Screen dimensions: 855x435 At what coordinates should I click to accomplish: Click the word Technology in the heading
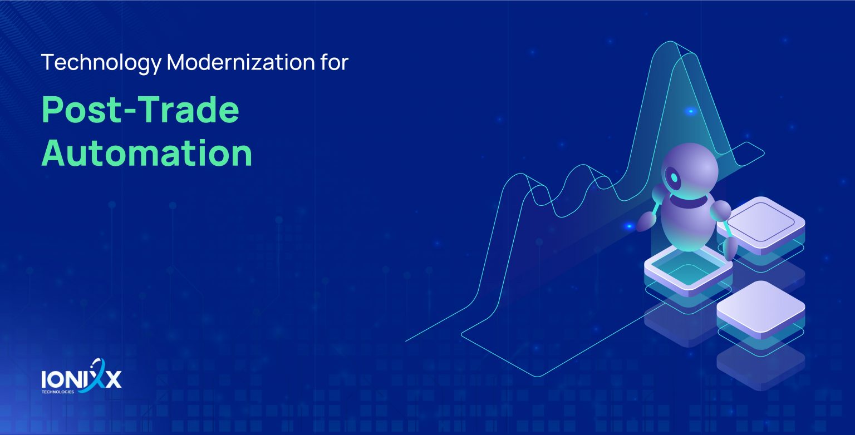click(101, 63)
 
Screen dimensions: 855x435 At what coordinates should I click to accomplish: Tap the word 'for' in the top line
click(335, 62)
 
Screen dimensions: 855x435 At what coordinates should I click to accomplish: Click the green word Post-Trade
click(140, 110)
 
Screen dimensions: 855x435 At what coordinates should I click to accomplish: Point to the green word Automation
click(147, 153)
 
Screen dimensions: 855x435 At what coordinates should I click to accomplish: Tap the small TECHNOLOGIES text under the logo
click(58, 392)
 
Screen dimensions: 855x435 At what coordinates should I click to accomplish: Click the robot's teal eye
click(675, 177)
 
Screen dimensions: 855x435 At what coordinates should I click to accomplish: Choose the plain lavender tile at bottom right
click(761, 310)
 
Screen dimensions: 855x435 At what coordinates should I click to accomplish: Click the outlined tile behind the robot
click(761, 226)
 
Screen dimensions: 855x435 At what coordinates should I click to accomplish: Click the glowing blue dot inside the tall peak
click(690, 111)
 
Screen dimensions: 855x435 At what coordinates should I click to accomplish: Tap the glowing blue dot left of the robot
click(628, 226)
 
